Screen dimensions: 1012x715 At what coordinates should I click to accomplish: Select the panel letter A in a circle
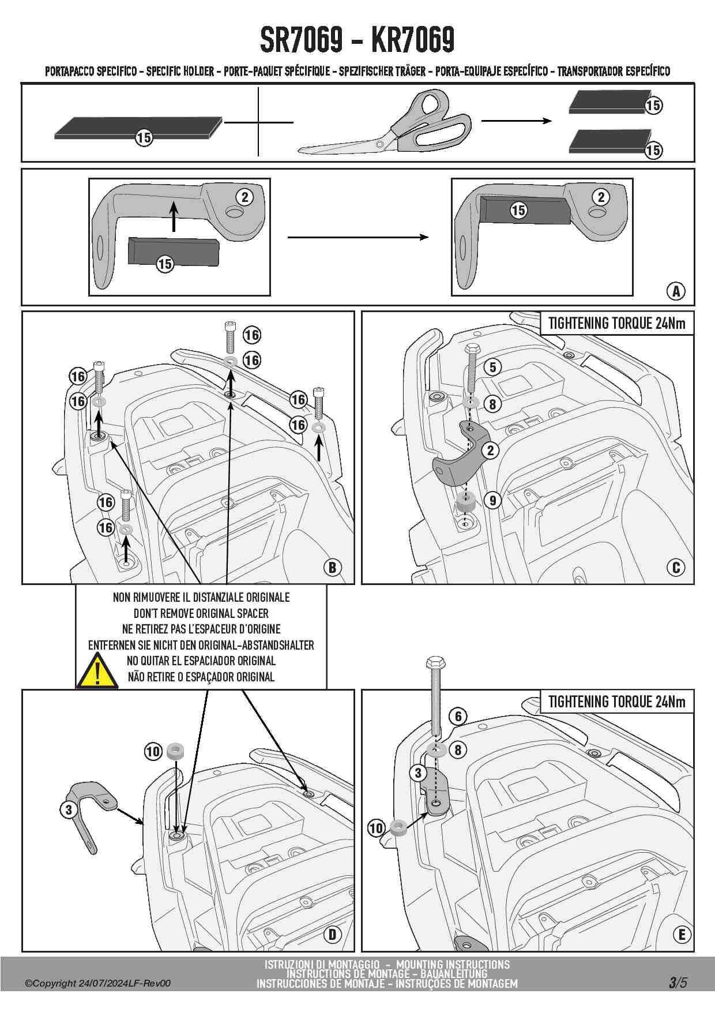click(x=676, y=291)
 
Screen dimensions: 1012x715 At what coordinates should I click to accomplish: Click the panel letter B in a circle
click(x=332, y=568)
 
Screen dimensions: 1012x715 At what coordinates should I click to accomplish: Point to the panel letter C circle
click(x=676, y=568)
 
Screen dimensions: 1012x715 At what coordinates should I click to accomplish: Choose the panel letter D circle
click(x=332, y=935)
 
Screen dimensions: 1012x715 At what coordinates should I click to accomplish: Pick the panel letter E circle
click(x=682, y=935)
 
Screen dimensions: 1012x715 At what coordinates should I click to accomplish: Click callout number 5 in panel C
click(x=492, y=367)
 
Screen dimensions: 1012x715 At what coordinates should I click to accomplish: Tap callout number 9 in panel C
click(x=492, y=500)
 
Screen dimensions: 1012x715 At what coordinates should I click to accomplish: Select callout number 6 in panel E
click(x=458, y=717)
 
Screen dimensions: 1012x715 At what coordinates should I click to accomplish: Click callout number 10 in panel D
click(x=153, y=751)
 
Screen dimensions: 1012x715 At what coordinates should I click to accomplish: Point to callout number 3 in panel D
click(x=69, y=809)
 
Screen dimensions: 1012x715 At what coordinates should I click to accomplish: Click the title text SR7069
click(x=301, y=39)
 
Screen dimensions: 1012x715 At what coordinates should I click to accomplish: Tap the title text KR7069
click(x=413, y=39)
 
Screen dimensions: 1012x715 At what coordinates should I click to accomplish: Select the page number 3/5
click(x=678, y=982)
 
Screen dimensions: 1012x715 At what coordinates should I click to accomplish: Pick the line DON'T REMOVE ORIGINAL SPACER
click(x=201, y=613)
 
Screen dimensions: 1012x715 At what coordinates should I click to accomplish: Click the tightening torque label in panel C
click(x=616, y=323)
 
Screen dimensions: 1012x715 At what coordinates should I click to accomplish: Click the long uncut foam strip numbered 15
click(x=138, y=128)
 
